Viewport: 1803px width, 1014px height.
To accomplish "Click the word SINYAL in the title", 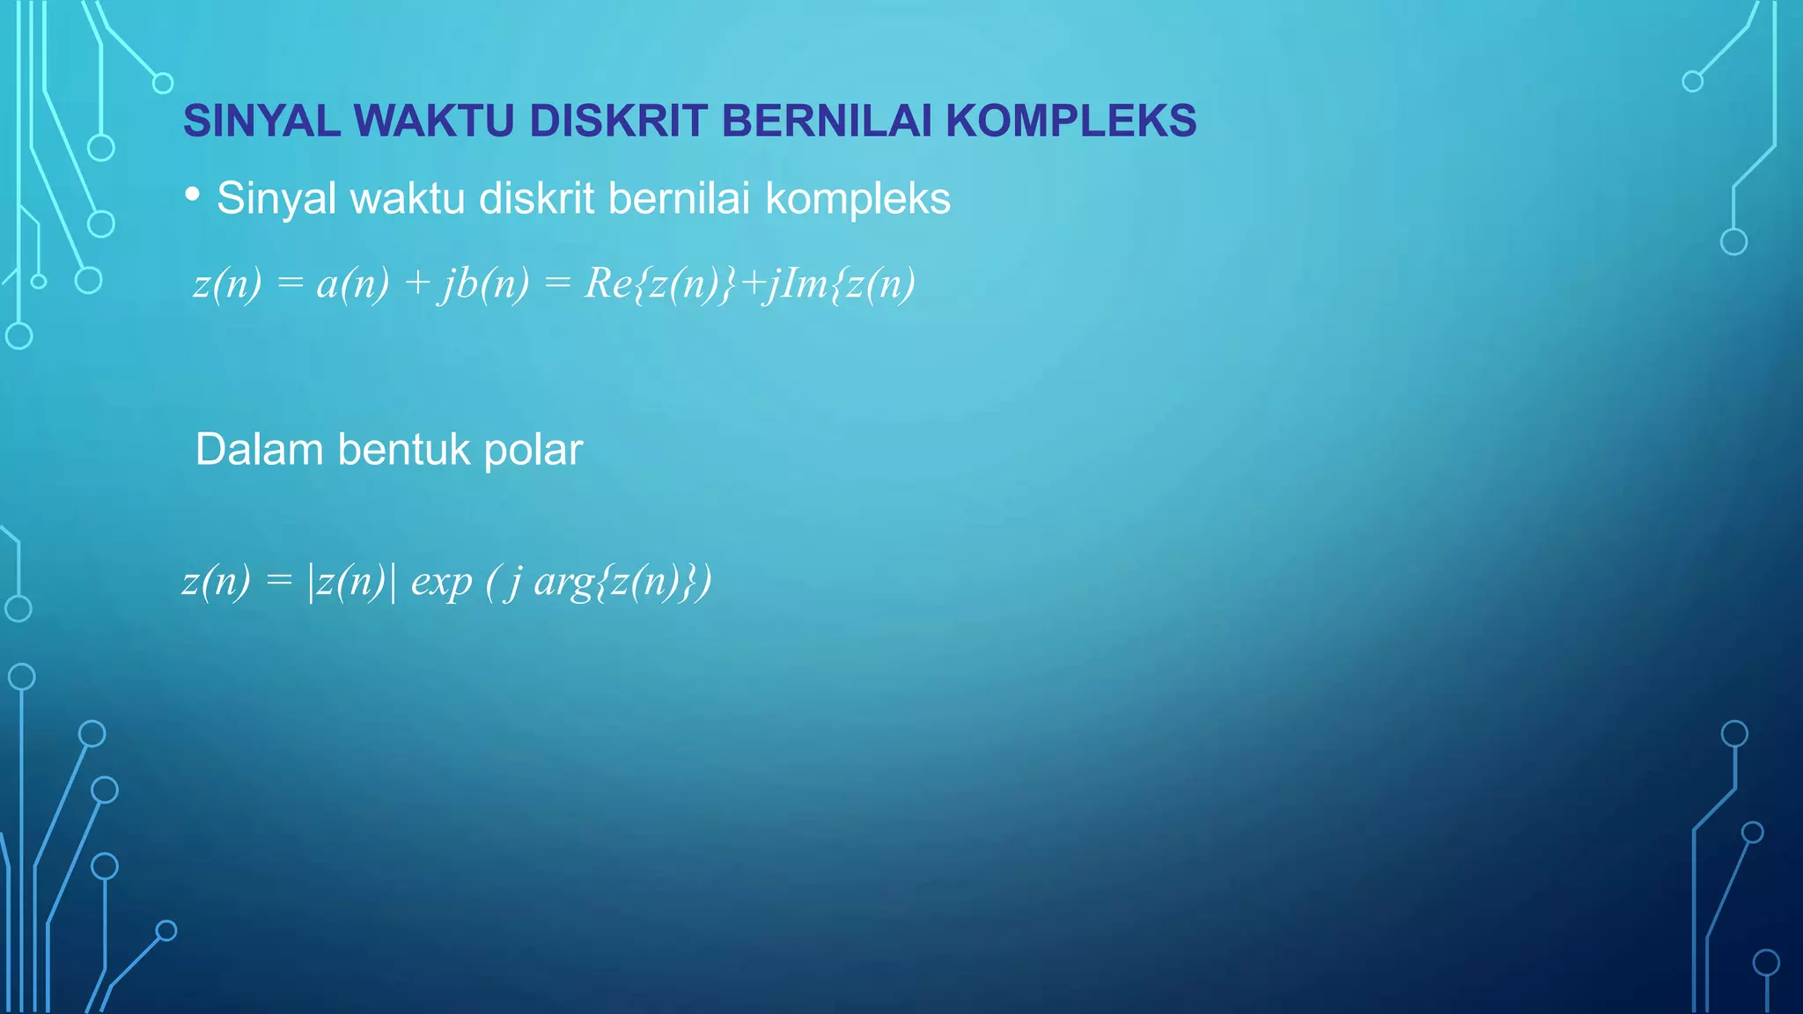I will (261, 121).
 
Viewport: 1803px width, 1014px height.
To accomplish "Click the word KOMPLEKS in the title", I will (1071, 121).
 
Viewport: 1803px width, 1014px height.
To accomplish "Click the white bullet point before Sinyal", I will (193, 195).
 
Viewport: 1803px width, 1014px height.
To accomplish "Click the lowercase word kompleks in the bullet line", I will (857, 199).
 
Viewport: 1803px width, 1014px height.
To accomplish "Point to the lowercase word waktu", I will (408, 199).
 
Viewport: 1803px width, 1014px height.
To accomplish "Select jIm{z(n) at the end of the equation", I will (841, 283).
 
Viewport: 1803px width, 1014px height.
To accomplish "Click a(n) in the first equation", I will (352, 283).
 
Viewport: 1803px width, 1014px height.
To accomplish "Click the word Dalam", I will (260, 450).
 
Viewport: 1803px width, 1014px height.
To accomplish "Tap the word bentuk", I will (403, 450).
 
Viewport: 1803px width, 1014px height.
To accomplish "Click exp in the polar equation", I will (441, 583).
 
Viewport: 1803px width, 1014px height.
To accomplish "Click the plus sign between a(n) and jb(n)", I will (416, 283).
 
